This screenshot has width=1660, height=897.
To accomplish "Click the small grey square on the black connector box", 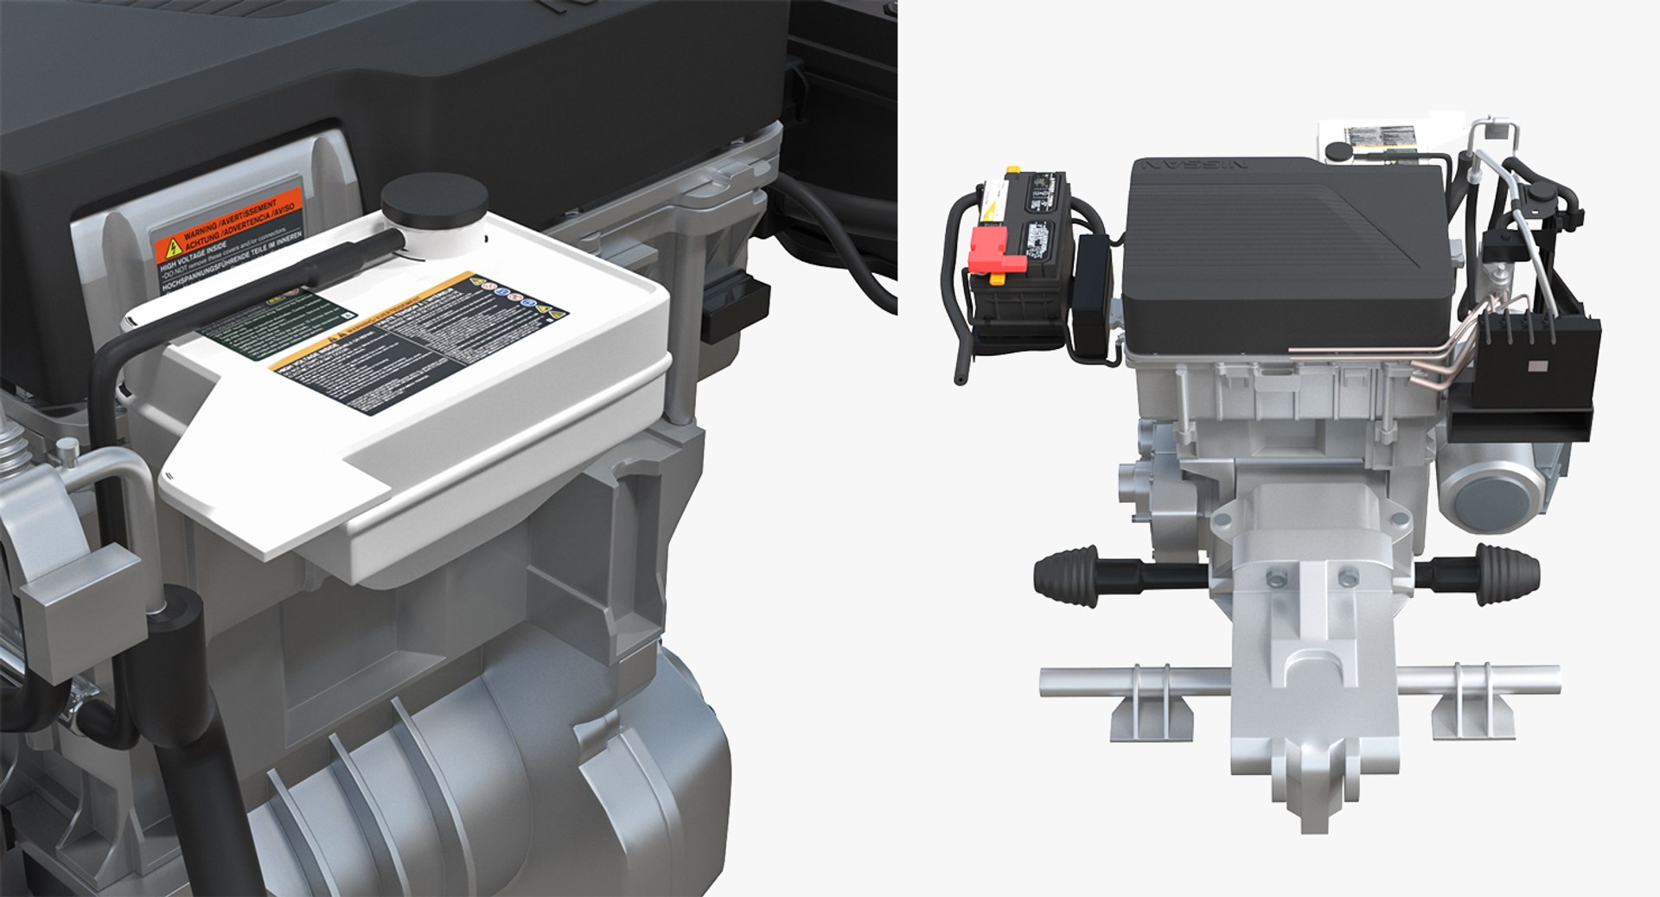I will point(1537,366).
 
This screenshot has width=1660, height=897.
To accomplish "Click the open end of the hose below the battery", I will point(961,377).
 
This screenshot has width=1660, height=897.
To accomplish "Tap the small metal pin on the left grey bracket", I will point(65,448).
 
